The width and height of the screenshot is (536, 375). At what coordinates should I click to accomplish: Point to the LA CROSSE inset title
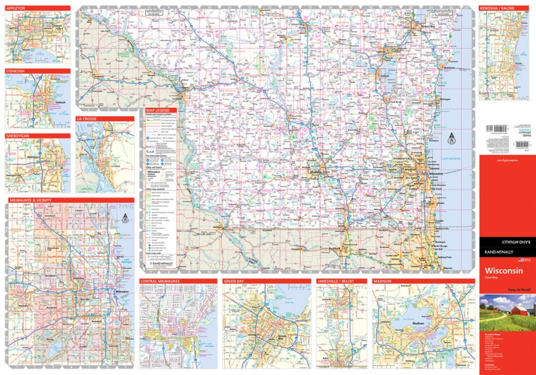[86, 119]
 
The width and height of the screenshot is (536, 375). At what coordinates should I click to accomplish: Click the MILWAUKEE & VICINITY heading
[29, 200]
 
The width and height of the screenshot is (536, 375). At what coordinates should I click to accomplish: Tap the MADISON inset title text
[383, 281]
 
